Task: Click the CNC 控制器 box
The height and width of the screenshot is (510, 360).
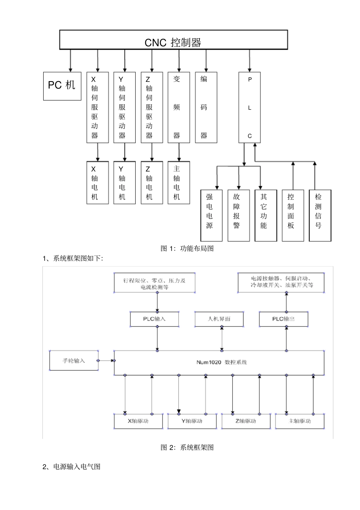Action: coord(173,40)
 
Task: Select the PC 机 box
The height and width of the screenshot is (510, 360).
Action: coord(62,86)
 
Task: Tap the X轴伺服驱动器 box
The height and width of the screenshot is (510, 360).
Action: coord(97,107)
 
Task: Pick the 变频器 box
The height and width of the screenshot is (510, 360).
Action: coord(178,107)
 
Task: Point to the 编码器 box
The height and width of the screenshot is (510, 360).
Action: coord(206,107)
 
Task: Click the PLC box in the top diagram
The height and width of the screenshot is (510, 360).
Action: coord(249,107)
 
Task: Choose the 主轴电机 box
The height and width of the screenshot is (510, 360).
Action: coord(178,183)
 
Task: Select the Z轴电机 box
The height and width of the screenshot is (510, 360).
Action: coord(152,183)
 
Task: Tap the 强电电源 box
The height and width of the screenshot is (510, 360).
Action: coord(211,215)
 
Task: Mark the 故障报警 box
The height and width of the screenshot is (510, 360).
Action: coord(238,215)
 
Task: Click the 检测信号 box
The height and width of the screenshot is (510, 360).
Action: coord(320,215)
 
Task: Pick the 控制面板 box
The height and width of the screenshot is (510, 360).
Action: coord(293,215)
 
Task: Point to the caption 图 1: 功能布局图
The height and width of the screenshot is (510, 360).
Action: coord(187,249)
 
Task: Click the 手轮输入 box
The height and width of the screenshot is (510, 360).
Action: coord(74,361)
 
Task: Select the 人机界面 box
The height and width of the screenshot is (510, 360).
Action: coord(219,319)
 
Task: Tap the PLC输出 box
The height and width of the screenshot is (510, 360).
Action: coord(283,319)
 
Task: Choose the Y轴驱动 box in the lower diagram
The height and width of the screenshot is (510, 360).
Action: coord(192,421)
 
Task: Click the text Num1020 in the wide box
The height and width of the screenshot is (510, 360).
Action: coord(208,362)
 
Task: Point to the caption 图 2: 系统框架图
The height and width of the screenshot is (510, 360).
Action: coord(187,447)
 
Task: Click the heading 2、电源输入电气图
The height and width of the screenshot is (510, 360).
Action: coord(72,467)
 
